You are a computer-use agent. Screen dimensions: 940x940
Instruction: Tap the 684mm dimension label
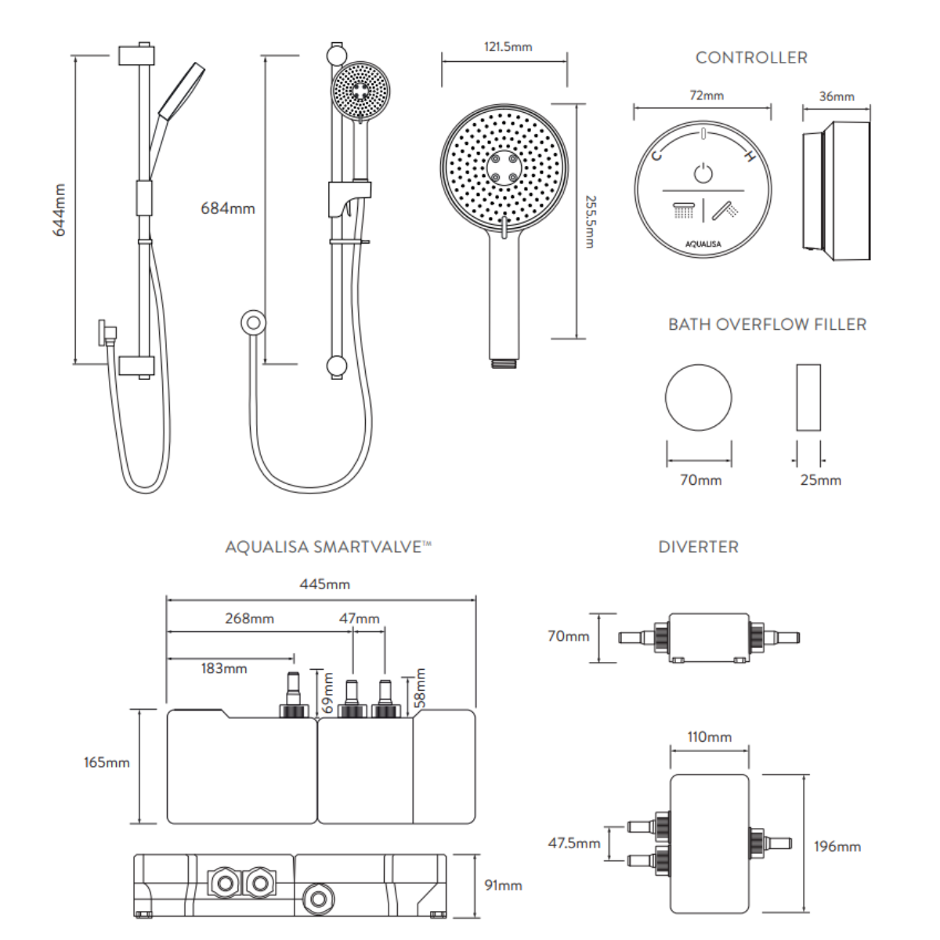click(x=228, y=208)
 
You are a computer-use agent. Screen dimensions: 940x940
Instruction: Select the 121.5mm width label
click(x=508, y=47)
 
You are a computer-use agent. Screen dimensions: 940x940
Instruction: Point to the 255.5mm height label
click(x=591, y=222)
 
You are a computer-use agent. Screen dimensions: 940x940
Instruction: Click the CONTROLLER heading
click(x=751, y=58)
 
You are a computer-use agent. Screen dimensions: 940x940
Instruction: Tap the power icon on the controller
click(x=703, y=172)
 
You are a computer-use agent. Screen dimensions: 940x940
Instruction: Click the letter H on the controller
click(x=750, y=157)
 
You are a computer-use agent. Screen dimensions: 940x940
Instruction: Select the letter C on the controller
click(x=656, y=155)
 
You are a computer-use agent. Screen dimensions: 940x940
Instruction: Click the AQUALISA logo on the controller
click(x=703, y=244)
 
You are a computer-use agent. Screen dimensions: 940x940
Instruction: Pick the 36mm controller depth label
click(x=837, y=97)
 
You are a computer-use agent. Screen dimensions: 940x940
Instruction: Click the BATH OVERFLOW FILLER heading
click(x=767, y=324)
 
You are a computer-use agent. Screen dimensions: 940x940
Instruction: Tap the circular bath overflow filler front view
click(x=699, y=397)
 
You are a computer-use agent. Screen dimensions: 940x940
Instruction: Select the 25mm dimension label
click(x=820, y=480)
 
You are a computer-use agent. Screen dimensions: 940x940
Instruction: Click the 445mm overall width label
click(x=324, y=584)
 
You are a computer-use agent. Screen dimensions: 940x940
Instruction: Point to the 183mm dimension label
click(x=224, y=668)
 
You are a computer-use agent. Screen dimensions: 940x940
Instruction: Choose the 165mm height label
click(x=107, y=762)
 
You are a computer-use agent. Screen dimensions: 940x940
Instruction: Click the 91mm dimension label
click(x=503, y=885)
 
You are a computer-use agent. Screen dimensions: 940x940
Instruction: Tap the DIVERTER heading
click(x=698, y=547)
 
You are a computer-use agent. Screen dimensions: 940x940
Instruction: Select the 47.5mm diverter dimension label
click(x=574, y=844)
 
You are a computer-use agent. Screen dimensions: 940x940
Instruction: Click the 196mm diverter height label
click(x=837, y=847)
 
